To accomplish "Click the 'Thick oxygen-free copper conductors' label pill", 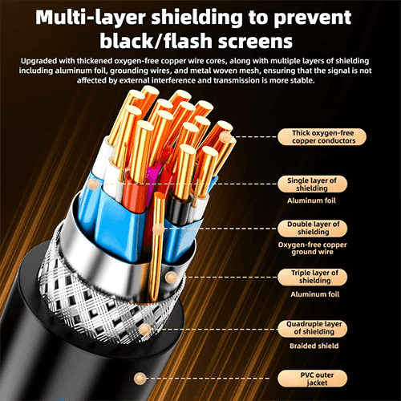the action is pyautogui.click(x=322, y=137).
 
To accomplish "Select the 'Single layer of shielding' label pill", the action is pyautogui.click(x=312, y=184).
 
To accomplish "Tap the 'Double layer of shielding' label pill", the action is pyautogui.click(x=312, y=228).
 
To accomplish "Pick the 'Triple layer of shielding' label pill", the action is pyautogui.click(x=312, y=277).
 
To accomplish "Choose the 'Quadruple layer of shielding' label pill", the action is pyautogui.click(x=312, y=328).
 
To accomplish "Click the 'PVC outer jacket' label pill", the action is pyautogui.click(x=312, y=379).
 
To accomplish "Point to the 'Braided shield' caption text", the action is pyautogui.click(x=314, y=346).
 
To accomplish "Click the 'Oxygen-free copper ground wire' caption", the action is pyautogui.click(x=312, y=249).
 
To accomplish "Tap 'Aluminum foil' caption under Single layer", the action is pyautogui.click(x=311, y=200).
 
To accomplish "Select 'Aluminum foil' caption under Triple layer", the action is pyautogui.click(x=315, y=294).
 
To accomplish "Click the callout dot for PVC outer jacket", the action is pyautogui.click(x=140, y=379).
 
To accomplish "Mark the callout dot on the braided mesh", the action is pyautogui.click(x=145, y=330).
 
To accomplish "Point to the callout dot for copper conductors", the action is pyautogui.click(x=226, y=137).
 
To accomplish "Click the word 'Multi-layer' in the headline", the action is pyautogui.click(x=91, y=18).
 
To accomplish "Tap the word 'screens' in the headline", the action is pyautogui.click(x=255, y=42).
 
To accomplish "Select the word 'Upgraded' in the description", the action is pyautogui.click(x=39, y=61).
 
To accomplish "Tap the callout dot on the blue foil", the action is pyautogui.click(x=93, y=184).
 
